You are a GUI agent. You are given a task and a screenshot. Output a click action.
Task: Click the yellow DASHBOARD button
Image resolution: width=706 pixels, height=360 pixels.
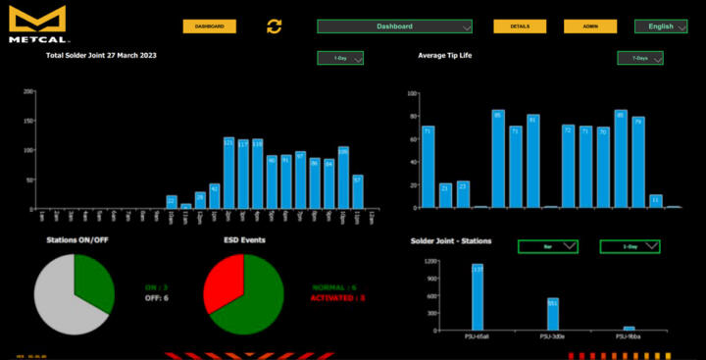[209, 26]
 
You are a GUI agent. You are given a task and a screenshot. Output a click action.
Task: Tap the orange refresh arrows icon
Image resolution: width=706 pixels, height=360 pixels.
[275, 26]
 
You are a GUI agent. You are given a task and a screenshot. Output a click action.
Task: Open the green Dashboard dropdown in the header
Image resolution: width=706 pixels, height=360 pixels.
[394, 26]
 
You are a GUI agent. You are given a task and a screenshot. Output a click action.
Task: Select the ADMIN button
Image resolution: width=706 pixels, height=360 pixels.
[590, 26]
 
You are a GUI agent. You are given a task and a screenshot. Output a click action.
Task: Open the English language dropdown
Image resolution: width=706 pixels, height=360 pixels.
[661, 26]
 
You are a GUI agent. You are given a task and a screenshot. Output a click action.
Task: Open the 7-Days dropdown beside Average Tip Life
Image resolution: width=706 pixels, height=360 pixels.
[639, 58]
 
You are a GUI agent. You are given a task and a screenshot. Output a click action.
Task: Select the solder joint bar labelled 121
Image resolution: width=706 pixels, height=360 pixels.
[228, 173]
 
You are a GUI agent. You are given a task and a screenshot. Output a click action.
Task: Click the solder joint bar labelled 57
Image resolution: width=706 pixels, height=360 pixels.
[358, 191]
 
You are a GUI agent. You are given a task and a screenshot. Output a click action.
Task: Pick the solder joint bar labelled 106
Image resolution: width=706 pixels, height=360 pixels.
[343, 178]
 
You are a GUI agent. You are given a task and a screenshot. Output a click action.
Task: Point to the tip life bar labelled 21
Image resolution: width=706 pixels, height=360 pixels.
[445, 195]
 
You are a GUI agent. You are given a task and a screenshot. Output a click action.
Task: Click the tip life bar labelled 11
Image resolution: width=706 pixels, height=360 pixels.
[655, 201]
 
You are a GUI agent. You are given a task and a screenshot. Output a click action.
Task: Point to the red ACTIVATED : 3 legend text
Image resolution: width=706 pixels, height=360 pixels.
[338, 297]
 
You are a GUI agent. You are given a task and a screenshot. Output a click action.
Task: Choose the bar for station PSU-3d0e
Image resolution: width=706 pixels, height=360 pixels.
[553, 314]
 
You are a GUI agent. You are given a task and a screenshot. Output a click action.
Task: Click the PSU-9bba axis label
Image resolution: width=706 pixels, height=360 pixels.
[629, 336]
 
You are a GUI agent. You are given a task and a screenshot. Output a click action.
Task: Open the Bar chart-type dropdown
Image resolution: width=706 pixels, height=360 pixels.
[547, 246]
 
